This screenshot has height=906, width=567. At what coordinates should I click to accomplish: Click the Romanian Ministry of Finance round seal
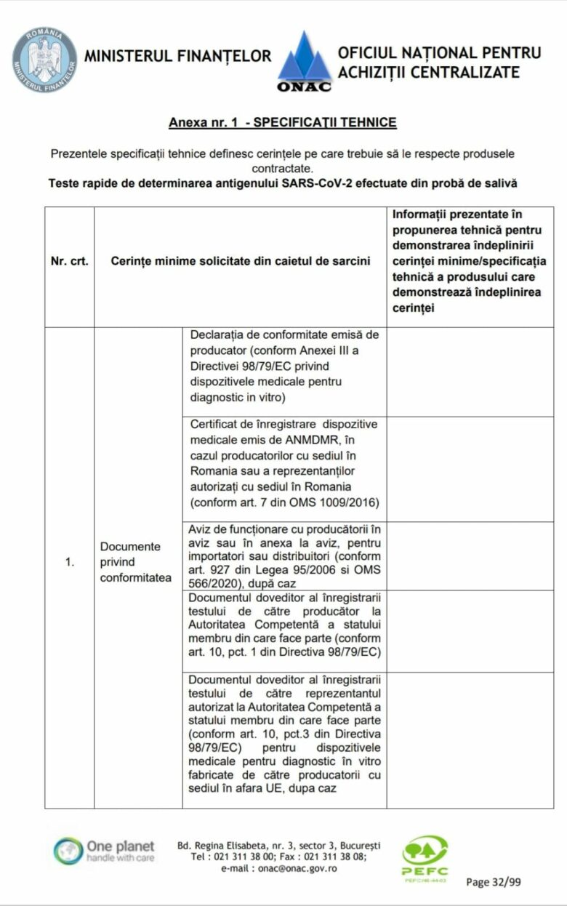coord(44,60)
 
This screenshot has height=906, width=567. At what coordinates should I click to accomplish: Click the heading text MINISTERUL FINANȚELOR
coord(178,56)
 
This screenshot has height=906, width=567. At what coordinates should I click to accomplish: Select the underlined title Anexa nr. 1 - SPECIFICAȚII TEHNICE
coord(283,122)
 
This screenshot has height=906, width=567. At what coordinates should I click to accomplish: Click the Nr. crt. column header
coord(70,261)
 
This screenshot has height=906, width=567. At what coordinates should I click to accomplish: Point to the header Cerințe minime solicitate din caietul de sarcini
coord(241,261)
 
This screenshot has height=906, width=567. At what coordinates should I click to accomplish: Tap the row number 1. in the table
coord(70,562)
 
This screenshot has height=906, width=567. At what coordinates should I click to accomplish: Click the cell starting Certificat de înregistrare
coord(283,463)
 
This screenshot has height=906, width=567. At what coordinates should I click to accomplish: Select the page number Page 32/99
coord(493,882)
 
